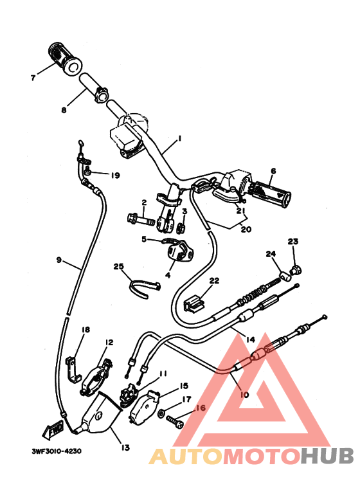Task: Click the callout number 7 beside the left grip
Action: (x=33, y=78)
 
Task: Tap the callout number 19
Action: (x=115, y=176)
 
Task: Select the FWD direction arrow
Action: (x=53, y=429)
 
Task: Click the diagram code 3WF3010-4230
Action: (x=57, y=451)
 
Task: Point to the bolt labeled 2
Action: (x=141, y=219)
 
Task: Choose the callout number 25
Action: (x=118, y=267)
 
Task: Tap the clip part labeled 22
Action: (x=194, y=303)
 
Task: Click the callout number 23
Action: (x=292, y=242)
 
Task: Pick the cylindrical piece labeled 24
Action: (x=285, y=276)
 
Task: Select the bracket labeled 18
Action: (x=73, y=369)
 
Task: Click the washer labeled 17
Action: (x=161, y=412)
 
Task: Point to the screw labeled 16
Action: (x=175, y=422)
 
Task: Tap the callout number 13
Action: (x=125, y=447)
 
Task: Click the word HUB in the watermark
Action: (x=327, y=456)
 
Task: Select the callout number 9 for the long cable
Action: (x=59, y=260)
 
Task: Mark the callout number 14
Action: (x=250, y=339)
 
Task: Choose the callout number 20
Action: (x=246, y=229)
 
